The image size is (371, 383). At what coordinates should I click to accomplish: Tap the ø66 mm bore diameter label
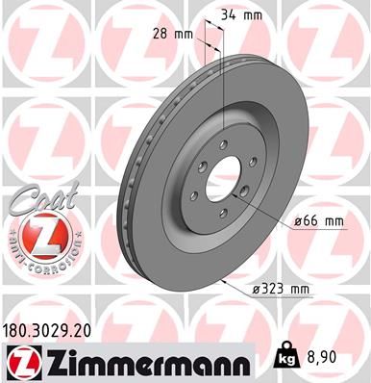[317, 221]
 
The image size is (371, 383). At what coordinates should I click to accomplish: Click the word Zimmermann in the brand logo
[143, 359]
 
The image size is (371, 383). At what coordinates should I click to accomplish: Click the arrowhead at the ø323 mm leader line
[222, 281]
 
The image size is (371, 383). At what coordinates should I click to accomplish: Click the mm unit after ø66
[334, 221]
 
